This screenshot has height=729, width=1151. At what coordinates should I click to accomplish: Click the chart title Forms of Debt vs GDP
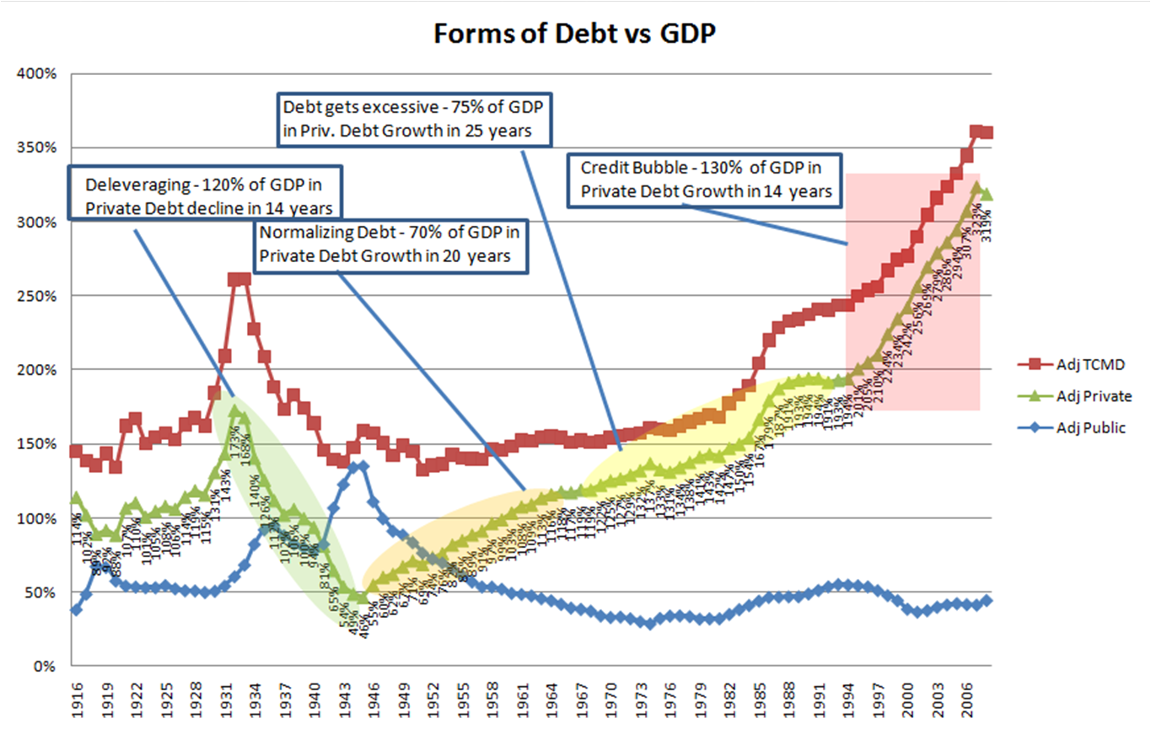[x=575, y=34]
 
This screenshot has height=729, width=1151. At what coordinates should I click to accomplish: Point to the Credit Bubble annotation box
[x=706, y=179]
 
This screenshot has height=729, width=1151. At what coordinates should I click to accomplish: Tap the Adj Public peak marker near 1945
[x=363, y=466]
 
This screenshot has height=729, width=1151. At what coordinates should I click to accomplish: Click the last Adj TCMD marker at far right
[x=987, y=132]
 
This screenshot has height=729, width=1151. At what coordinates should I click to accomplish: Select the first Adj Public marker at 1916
[x=76, y=609]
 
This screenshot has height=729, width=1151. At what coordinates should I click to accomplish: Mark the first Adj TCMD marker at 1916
[x=76, y=452]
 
